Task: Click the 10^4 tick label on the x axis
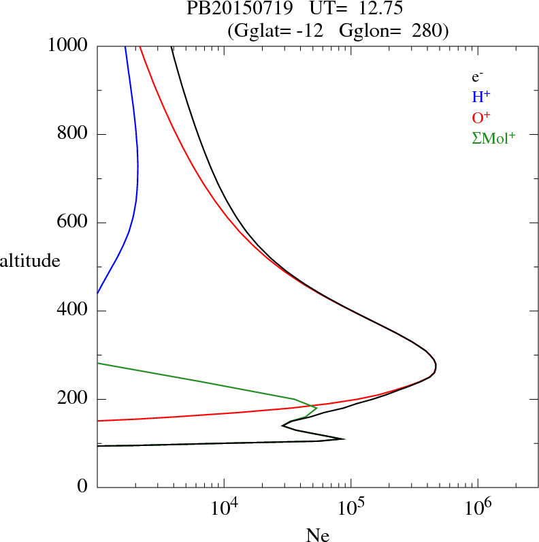[224, 508]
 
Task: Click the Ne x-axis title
[317, 535]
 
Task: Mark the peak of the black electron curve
[436, 368]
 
